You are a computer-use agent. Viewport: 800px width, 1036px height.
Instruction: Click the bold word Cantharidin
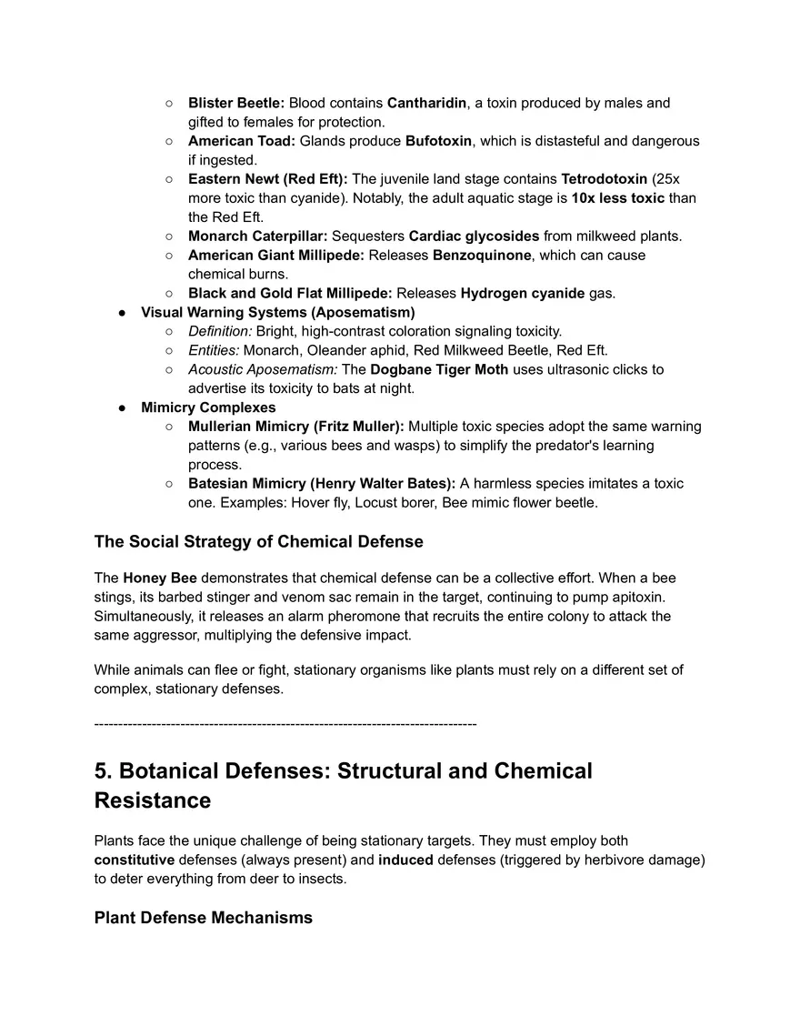(x=426, y=103)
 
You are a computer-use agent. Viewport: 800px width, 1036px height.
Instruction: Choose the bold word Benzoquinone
(x=481, y=256)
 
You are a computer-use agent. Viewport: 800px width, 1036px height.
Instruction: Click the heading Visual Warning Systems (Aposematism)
(x=277, y=312)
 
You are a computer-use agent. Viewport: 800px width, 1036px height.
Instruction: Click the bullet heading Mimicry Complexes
(x=208, y=407)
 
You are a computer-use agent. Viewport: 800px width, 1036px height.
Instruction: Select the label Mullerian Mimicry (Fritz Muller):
(x=296, y=427)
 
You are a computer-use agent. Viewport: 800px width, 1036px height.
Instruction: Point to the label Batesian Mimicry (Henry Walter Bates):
(x=322, y=483)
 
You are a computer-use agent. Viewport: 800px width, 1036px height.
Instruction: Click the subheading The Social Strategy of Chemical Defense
(x=258, y=542)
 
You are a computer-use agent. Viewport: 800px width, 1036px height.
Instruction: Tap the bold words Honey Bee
(x=160, y=578)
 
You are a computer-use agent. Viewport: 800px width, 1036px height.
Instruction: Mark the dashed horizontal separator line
(x=285, y=724)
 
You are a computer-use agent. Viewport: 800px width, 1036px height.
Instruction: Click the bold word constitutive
(x=135, y=860)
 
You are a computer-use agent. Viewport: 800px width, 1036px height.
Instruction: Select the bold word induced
(x=406, y=860)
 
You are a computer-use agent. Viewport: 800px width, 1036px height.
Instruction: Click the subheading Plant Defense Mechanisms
(x=203, y=918)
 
